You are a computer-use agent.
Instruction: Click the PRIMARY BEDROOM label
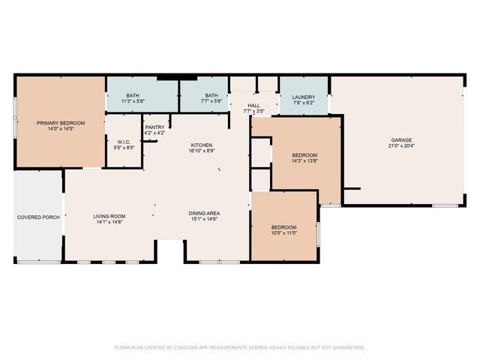(61, 122)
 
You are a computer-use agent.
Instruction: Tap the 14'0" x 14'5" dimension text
(61, 129)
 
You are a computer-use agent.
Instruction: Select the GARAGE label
(400, 139)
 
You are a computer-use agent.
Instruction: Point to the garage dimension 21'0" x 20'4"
(400, 146)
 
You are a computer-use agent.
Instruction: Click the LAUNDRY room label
(303, 97)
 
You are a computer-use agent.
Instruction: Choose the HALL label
(254, 106)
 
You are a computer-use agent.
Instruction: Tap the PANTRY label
(154, 127)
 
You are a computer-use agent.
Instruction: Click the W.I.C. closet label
(124, 142)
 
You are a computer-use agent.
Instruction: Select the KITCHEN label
(201, 145)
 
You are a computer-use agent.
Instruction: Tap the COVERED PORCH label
(37, 217)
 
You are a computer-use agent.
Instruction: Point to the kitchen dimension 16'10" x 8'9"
(201, 151)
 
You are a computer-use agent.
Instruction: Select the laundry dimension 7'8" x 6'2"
(303, 103)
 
